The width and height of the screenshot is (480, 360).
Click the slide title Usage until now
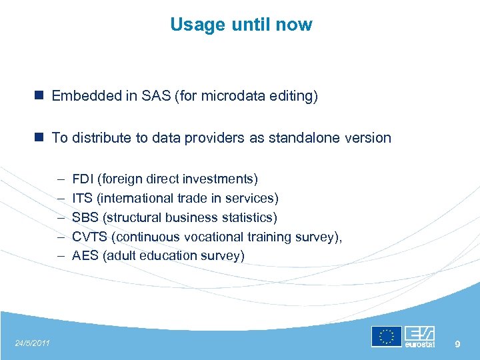point(241,25)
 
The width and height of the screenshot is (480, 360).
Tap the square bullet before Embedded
point(41,96)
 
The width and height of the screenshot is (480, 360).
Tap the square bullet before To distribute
point(41,137)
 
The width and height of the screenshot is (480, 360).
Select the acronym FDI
point(83,179)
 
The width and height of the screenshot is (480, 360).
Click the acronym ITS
point(82,199)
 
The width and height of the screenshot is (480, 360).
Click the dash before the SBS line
point(60,218)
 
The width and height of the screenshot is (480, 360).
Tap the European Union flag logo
point(386,337)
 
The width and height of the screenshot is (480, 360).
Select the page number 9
point(457,343)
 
